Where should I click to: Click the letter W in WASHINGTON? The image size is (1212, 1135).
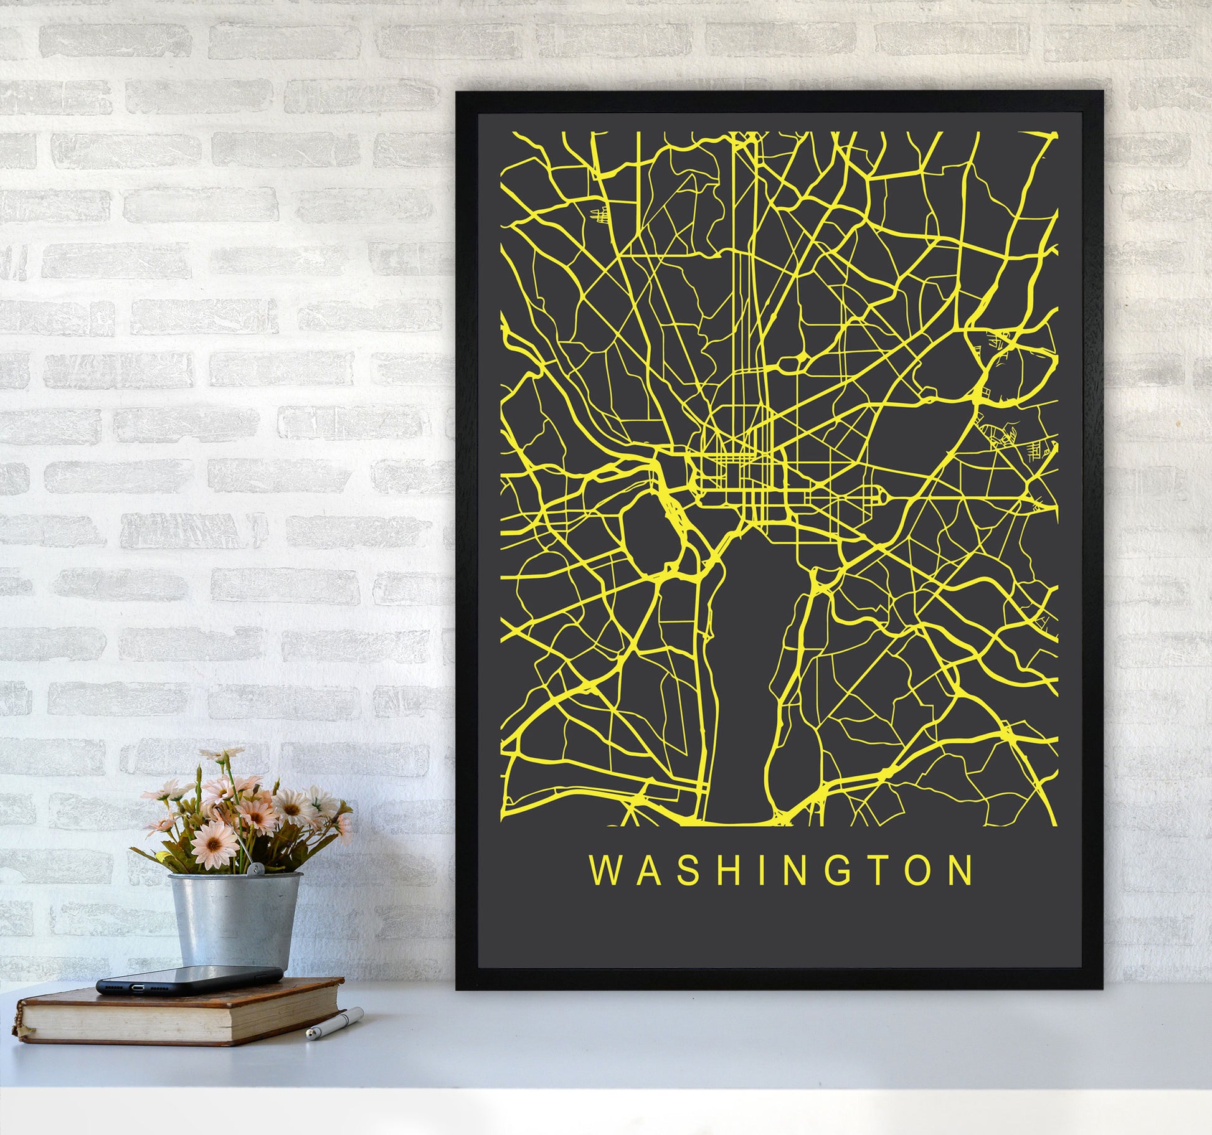coord(604,870)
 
